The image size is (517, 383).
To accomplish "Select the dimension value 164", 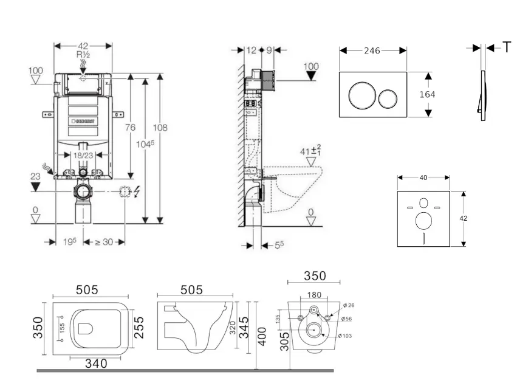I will tap(428, 95).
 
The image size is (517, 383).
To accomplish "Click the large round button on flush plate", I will tap(359, 95).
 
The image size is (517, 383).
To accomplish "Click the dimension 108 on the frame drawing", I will tap(161, 128).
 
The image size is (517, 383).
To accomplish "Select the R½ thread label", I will tap(83, 55).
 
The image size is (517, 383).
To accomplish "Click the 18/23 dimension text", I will tap(84, 156).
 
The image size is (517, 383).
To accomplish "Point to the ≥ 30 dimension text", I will tap(103, 241).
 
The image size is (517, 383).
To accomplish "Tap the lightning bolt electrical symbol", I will tap(136, 192).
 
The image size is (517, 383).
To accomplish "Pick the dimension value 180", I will tap(313, 295).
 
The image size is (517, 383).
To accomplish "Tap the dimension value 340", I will tap(95, 363).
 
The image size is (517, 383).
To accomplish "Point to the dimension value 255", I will tap(139, 328).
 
